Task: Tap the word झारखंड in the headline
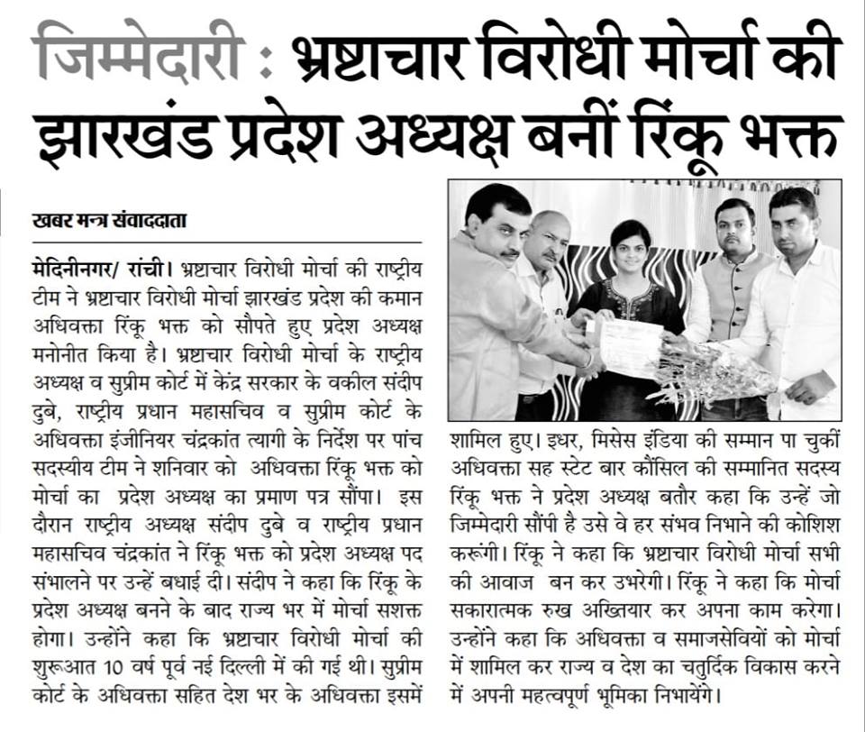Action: coord(134,130)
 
